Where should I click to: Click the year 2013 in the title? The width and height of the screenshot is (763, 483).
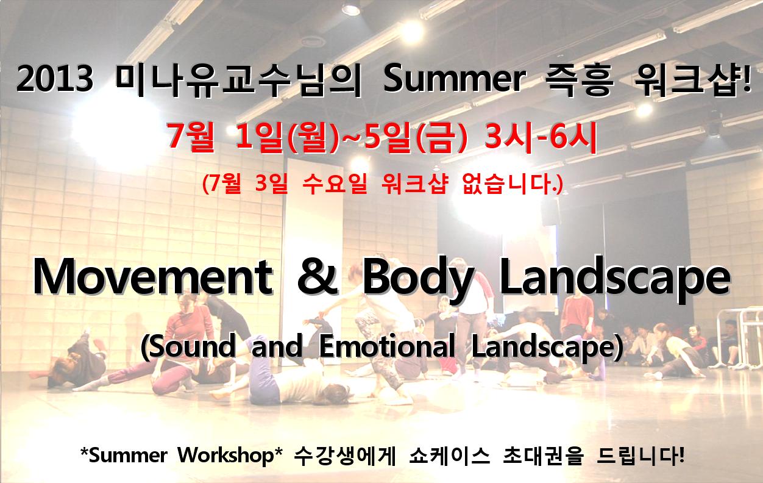(55, 79)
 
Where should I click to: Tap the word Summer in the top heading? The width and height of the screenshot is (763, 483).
(455, 79)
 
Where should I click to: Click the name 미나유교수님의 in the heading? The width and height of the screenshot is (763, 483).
(238, 80)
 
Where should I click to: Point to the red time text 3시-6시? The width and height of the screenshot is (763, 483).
(541, 137)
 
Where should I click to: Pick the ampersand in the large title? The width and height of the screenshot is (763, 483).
(318, 276)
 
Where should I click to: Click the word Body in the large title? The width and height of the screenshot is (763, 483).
(419, 280)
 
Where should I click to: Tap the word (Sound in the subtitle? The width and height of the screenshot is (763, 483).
(188, 347)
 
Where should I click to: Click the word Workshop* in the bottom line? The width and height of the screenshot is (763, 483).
(230, 455)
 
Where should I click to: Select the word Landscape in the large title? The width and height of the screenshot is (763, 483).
(615, 280)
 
